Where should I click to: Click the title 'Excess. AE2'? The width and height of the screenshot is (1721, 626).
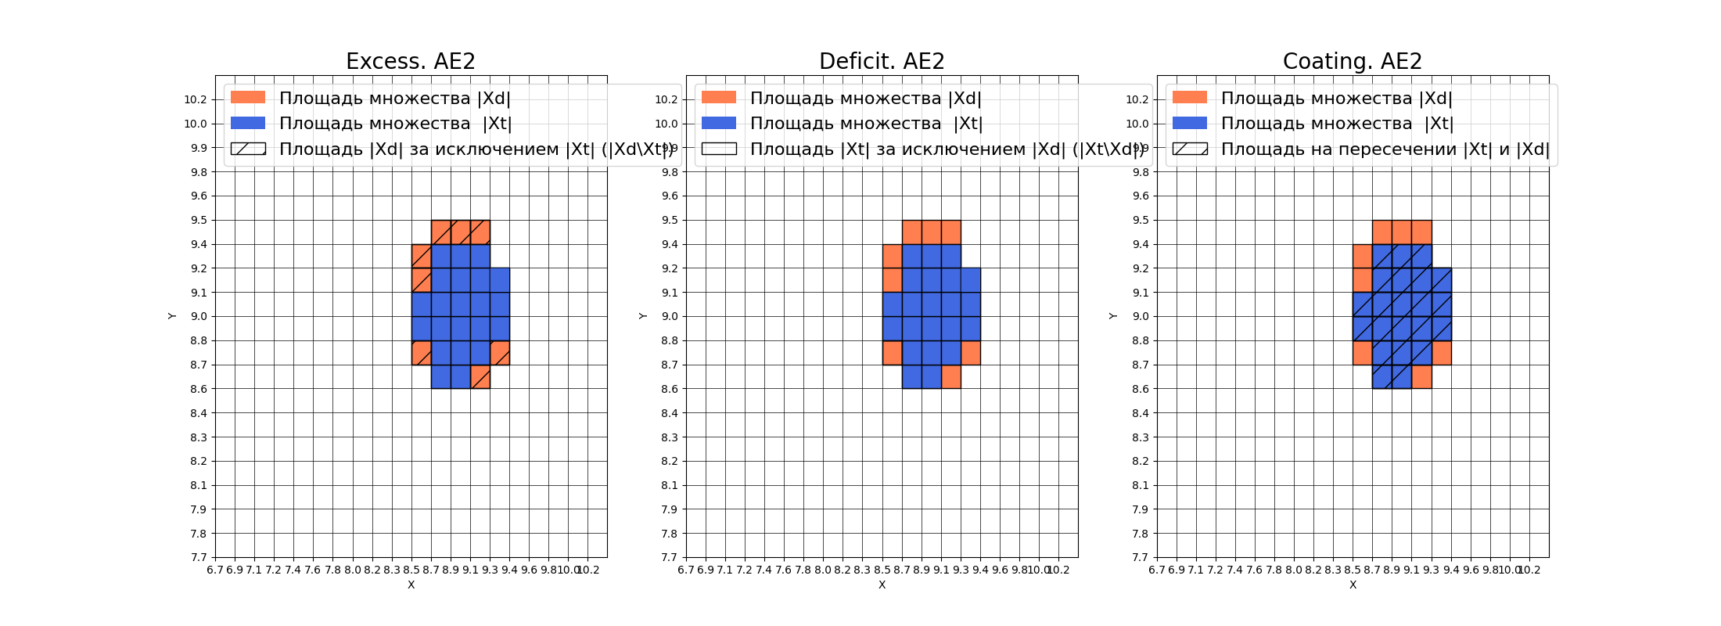(411, 61)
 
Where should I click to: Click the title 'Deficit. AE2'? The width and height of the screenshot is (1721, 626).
(882, 61)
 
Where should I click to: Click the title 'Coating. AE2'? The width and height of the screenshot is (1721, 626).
(1353, 61)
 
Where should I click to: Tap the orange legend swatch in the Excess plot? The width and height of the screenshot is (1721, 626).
(248, 97)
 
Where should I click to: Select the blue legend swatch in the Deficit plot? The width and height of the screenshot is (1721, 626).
(719, 123)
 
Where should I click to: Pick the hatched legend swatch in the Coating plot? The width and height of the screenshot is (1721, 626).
(1190, 149)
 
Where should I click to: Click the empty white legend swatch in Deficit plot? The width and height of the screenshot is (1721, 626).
(719, 149)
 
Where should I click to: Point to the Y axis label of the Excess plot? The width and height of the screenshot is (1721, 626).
(172, 316)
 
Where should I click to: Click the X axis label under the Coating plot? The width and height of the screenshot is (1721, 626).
(1353, 585)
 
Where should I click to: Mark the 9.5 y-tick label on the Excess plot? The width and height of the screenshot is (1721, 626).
(199, 220)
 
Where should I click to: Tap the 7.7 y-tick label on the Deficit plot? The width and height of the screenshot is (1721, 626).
(670, 557)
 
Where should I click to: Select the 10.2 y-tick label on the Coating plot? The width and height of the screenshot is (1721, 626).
(1137, 99)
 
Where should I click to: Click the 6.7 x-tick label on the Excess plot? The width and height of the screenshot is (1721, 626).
(215, 570)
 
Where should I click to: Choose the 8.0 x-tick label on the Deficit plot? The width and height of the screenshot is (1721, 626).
(823, 570)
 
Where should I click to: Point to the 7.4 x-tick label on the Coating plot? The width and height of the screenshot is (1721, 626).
(1234, 570)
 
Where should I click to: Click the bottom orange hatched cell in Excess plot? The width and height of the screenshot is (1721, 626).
(480, 376)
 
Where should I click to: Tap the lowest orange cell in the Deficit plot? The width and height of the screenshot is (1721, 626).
(951, 376)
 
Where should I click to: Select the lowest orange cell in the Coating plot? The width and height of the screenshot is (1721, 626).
(1422, 376)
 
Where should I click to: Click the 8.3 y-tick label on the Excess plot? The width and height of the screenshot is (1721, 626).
(199, 437)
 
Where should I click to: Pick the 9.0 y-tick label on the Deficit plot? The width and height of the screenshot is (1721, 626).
(670, 316)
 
